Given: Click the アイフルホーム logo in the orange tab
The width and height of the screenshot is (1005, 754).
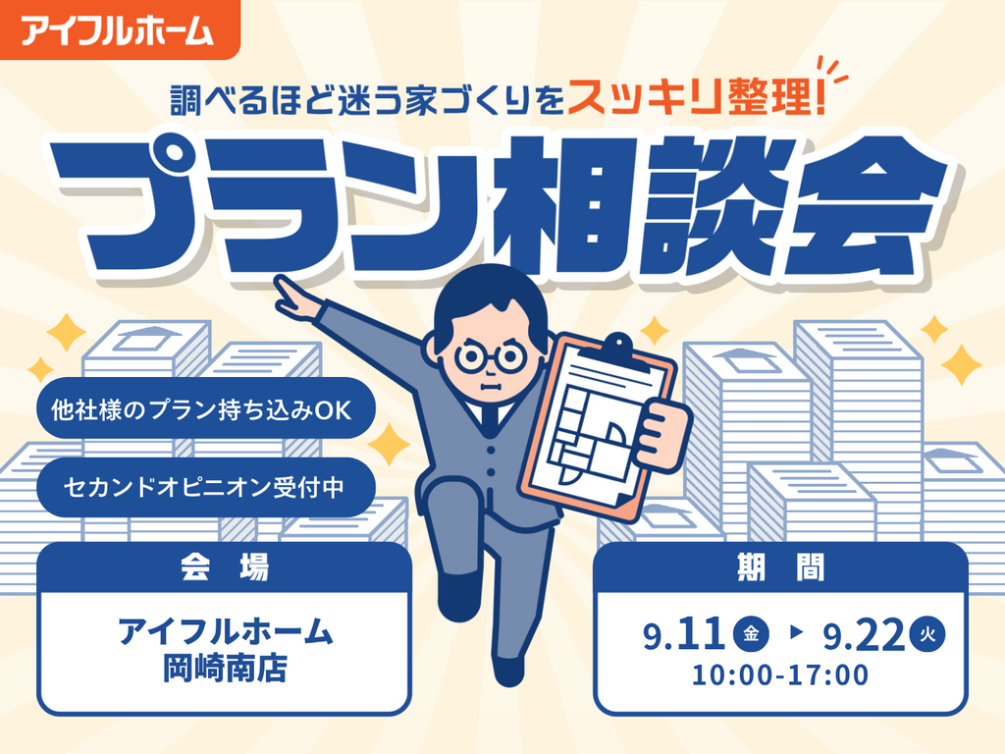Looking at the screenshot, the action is tap(117, 30).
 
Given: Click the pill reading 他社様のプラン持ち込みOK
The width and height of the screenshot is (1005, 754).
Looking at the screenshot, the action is tap(205, 408).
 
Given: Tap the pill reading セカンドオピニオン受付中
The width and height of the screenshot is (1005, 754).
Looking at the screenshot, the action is tap(205, 487).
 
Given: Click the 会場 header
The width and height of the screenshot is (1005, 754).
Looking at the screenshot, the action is tap(224, 567).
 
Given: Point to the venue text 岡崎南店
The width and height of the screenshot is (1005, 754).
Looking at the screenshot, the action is tap(225, 669).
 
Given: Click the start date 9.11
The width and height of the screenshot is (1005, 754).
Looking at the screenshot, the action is tap(684, 635).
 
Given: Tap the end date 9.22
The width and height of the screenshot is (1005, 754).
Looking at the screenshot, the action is tap(864, 635).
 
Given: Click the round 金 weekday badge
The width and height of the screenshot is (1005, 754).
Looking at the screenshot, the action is tap(751, 634).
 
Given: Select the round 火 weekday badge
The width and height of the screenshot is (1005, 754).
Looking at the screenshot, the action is tap(927, 634).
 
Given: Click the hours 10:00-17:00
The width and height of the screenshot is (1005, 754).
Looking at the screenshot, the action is tap(780, 674).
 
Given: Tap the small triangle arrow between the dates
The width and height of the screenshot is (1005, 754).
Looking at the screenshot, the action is tap(797, 632).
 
